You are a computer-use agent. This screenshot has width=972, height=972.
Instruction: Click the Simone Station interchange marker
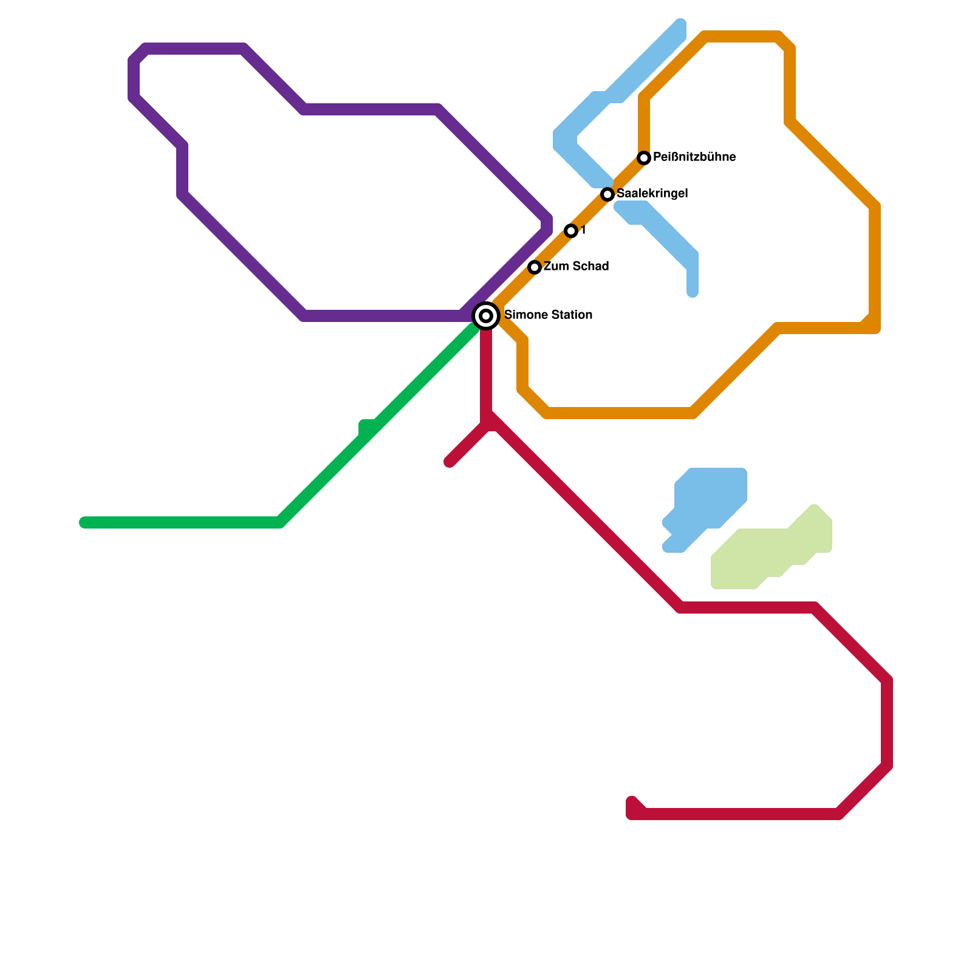[x=486, y=315]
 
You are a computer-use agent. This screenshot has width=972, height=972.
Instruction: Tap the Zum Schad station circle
[x=535, y=267]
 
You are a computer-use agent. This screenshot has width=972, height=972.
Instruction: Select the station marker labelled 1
[x=570, y=231]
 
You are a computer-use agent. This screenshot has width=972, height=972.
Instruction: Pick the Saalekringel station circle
[x=607, y=194]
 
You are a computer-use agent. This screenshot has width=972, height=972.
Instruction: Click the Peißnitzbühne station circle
[x=644, y=158]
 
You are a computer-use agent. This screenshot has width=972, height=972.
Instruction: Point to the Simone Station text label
[x=548, y=315]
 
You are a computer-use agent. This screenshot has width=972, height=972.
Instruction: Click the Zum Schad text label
[x=576, y=267]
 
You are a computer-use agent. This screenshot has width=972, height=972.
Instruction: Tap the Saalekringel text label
[x=652, y=194]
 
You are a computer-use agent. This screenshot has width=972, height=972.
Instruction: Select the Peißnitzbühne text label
[x=694, y=157]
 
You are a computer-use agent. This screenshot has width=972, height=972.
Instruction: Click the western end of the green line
[x=84, y=522]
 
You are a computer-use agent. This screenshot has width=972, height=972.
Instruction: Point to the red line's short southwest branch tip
[x=450, y=462]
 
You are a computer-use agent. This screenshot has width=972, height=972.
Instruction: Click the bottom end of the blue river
[x=693, y=293]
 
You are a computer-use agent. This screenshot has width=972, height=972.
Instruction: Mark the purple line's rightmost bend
[x=547, y=224]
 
